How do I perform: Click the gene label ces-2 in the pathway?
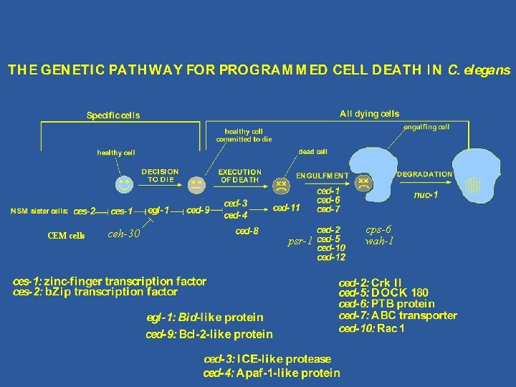point(85,211)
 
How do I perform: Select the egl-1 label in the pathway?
point(158,211)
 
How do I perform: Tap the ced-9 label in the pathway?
point(199,211)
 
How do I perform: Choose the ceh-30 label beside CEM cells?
point(123,233)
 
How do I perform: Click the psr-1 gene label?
point(300,241)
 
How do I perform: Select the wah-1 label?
point(378,241)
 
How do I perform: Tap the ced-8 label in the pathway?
point(247,231)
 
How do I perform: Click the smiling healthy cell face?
point(125,184)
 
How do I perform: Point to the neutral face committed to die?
point(196,185)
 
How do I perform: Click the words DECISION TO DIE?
point(160,176)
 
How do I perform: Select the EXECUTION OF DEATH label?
point(240,176)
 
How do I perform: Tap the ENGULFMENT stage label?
point(322,175)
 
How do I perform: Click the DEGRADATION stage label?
point(424,173)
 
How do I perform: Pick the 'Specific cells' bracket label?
point(113,115)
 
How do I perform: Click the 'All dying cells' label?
point(370,114)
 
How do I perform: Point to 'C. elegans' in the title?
point(479,70)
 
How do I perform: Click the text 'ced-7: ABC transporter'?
point(398,315)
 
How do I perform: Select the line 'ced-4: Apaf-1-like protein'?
point(272,373)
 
